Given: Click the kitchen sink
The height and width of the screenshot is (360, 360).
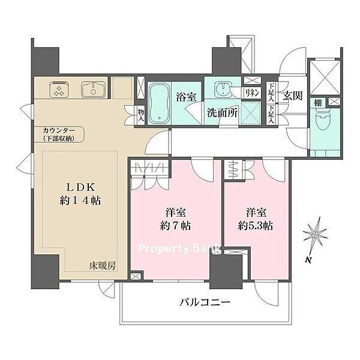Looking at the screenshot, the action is (x=93, y=89).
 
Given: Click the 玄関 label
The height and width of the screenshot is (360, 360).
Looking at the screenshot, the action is (x=292, y=95).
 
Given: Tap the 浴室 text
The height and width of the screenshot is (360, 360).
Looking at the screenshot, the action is (x=186, y=97).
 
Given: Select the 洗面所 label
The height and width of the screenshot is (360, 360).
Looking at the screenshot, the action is (x=222, y=113).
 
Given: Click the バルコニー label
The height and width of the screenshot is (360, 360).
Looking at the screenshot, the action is (x=205, y=302).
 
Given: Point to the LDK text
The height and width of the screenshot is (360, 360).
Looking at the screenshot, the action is (x=80, y=187).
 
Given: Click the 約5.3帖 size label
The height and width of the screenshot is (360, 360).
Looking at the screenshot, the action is (x=256, y=226).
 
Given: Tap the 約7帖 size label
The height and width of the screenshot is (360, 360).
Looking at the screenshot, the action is (x=175, y=226).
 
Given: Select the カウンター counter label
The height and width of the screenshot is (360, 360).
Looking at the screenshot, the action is (x=59, y=131).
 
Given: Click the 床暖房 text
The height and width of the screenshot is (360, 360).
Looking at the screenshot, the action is (x=103, y=266).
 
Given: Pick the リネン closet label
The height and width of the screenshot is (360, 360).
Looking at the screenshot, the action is (x=252, y=93).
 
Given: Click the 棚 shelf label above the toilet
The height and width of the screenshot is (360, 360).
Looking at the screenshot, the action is (x=317, y=103).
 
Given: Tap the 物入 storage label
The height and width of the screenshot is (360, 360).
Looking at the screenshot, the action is (x=141, y=115).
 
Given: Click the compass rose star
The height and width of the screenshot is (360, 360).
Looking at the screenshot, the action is (x=315, y=235).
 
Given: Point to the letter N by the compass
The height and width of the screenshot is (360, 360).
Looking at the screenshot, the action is (x=308, y=260).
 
